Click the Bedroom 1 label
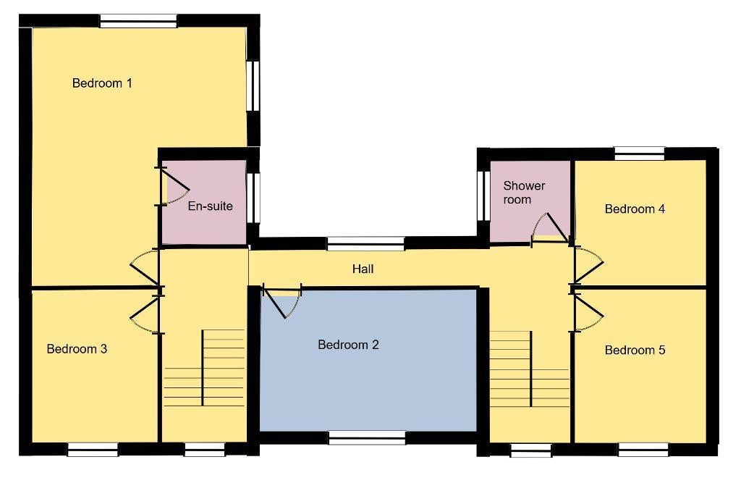click(102, 83)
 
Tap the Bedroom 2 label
click(348, 345)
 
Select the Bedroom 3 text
click(77, 349)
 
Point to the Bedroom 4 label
click(635, 209)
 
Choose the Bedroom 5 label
click(635, 350)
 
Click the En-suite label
click(211, 206)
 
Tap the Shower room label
click(524, 193)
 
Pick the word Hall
click(363, 269)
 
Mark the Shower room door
click(550, 229)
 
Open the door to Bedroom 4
click(588, 265)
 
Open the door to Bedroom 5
click(588, 313)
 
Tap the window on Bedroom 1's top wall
click(138, 21)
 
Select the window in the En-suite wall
click(254, 198)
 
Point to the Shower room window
click(483, 196)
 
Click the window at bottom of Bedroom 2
click(367, 437)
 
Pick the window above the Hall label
click(365, 243)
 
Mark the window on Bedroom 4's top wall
click(640, 154)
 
